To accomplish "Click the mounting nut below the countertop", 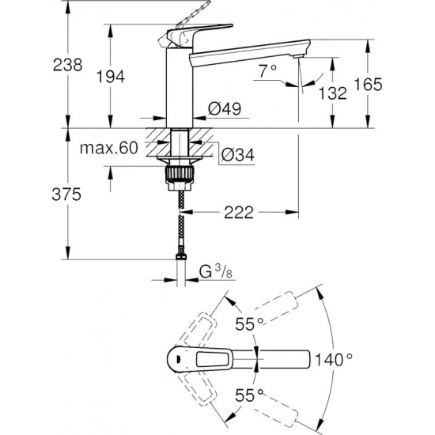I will pyautogui.click(x=182, y=172).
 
